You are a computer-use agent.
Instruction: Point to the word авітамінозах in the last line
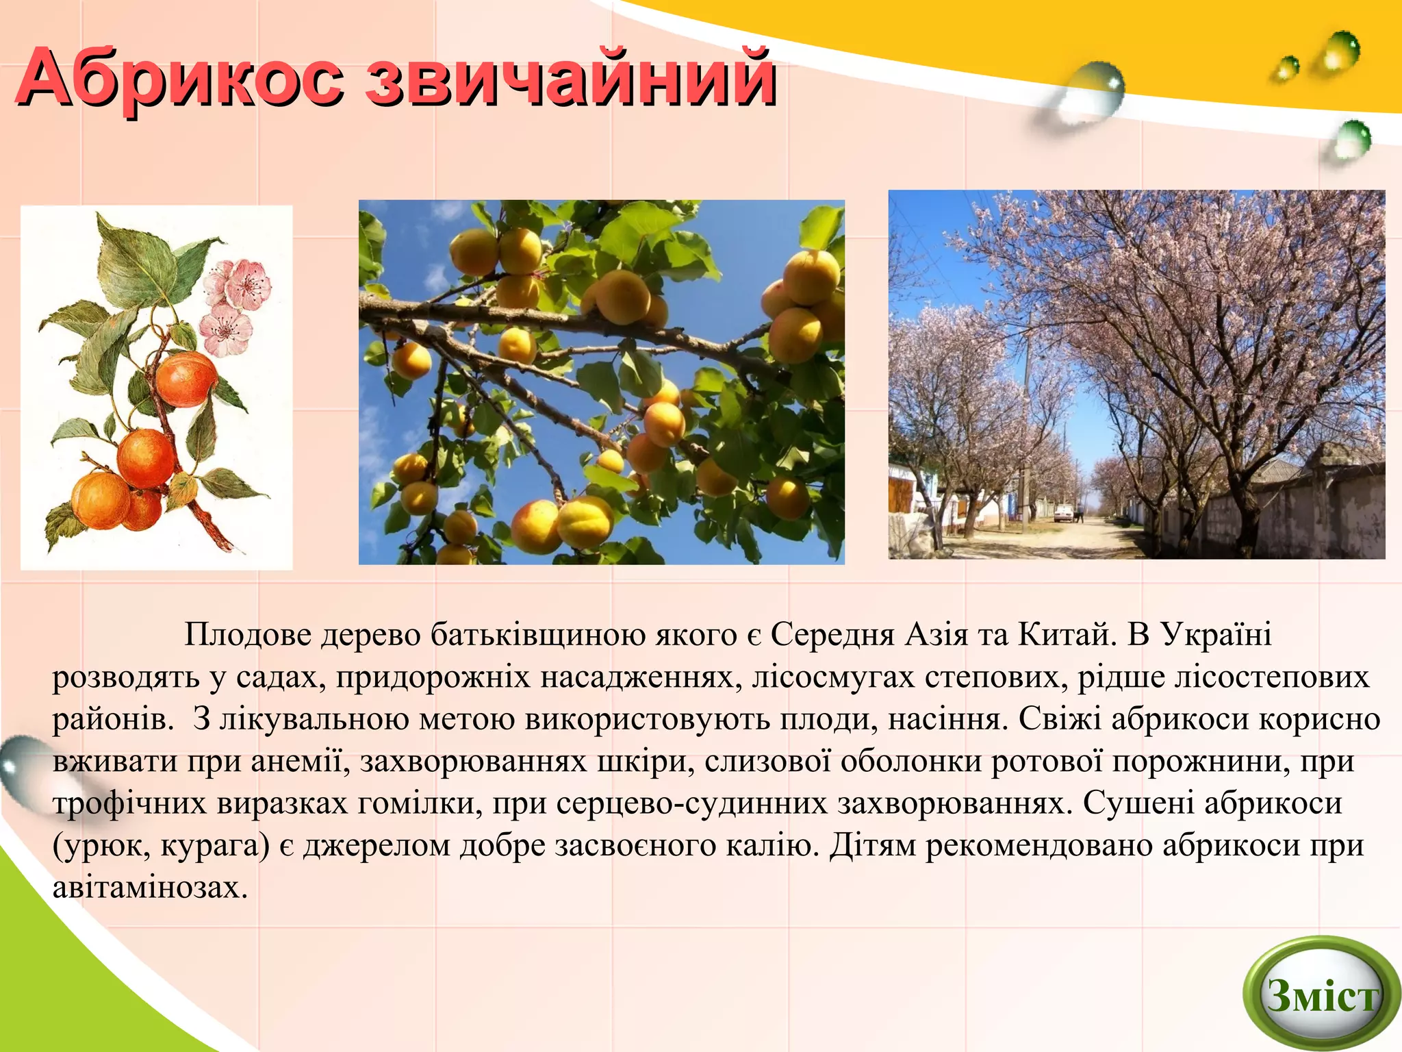[149, 888]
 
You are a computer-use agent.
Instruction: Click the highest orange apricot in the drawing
[186, 379]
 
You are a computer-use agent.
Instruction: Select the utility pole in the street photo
[1028, 425]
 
